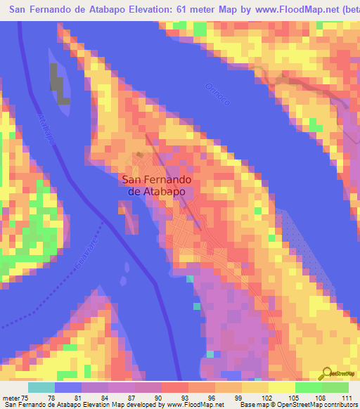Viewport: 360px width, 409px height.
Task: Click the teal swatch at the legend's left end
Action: click(x=41, y=387)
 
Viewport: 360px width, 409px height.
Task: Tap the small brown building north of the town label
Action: click(x=140, y=155)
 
